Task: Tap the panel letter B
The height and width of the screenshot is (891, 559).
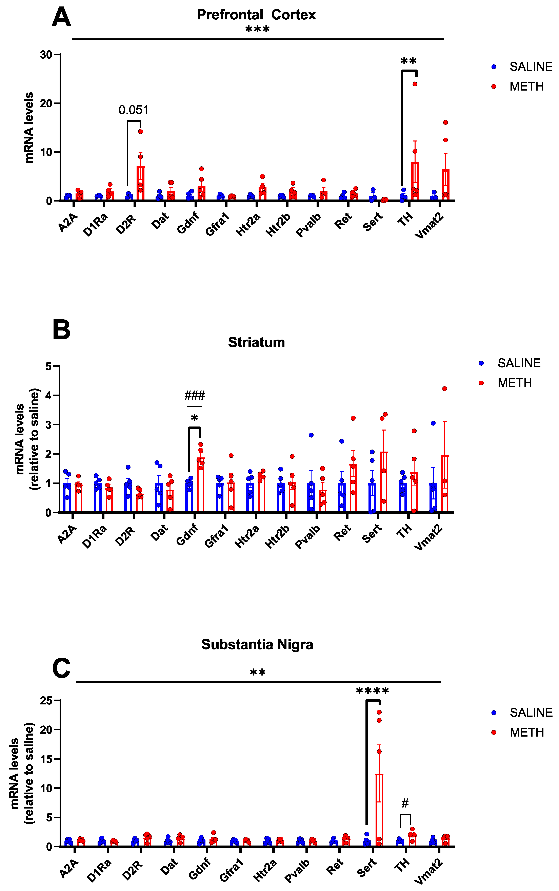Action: [x=61, y=329]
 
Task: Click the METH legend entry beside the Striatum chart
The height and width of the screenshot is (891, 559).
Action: [x=514, y=383]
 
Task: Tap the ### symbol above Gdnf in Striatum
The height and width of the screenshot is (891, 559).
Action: [x=195, y=395]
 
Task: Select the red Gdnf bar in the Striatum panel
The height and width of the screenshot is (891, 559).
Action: [x=201, y=485]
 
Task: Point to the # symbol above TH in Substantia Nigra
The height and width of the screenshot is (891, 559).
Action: [x=405, y=803]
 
